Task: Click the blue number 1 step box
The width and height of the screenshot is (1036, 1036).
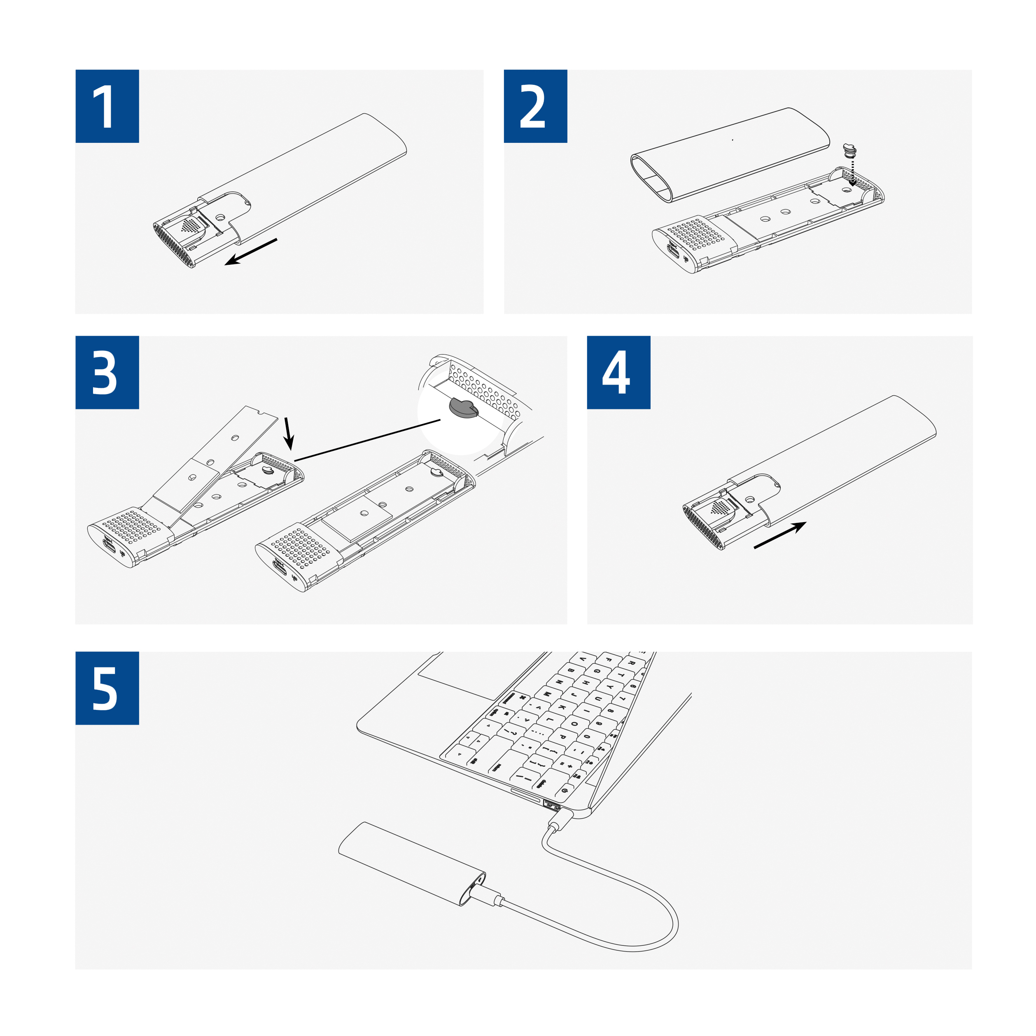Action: (107, 106)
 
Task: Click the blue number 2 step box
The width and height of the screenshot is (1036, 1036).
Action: (535, 106)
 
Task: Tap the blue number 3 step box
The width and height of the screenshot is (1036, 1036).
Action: (107, 373)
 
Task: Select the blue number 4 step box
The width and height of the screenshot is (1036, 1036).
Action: (618, 373)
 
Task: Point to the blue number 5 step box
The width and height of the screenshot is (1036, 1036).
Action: (107, 688)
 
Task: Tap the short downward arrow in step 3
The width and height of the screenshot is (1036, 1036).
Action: (289, 433)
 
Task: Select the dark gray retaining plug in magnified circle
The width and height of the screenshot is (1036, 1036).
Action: (463, 408)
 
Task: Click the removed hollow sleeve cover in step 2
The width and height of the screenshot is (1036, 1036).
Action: (729, 156)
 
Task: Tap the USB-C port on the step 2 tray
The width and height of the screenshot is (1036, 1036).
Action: (672, 251)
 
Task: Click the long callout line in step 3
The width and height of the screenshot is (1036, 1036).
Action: (367, 440)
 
